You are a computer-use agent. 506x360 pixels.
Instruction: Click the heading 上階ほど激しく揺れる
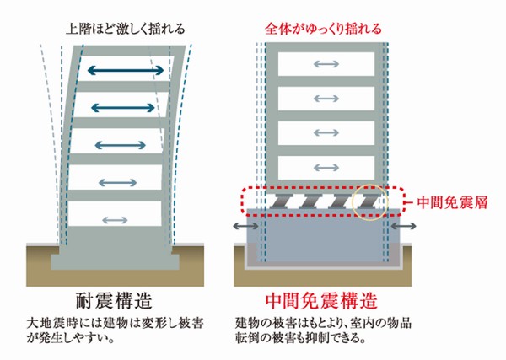tap(124, 28)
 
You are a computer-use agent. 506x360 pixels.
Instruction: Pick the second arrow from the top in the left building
tap(124, 107)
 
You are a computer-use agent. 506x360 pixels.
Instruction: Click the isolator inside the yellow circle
tap(371, 202)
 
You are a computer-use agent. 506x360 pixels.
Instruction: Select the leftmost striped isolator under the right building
tap(280, 202)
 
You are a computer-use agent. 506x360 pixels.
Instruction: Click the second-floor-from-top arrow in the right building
tap(326, 99)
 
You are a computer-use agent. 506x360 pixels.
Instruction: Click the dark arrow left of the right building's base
tap(244, 228)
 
